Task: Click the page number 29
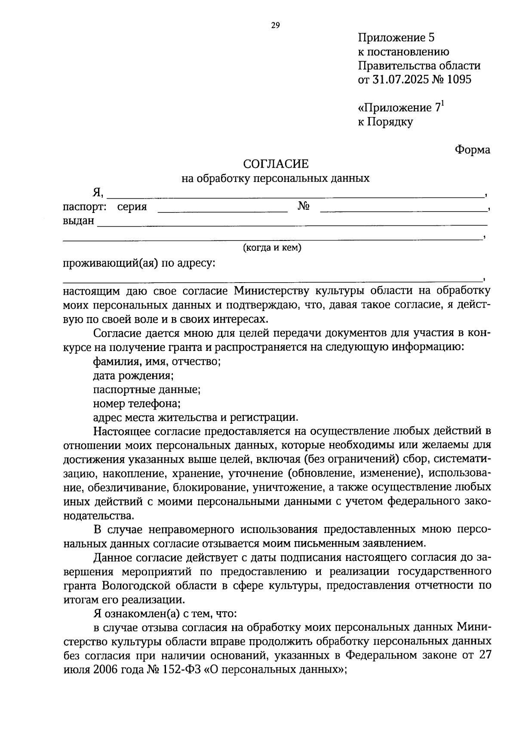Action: (x=275, y=25)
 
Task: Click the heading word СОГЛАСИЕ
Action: (x=276, y=164)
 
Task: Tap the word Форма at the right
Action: (x=472, y=150)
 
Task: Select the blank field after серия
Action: (x=222, y=208)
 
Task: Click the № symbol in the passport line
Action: (x=304, y=207)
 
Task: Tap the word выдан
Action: (x=78, y=221)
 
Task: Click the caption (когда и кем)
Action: (x=272, y=248)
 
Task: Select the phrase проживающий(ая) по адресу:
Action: (x=139, y=263)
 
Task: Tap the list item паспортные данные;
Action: (x=147, y=390)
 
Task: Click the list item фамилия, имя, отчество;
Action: (x=157, y=361)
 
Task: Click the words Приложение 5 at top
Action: (x=396, y=38)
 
